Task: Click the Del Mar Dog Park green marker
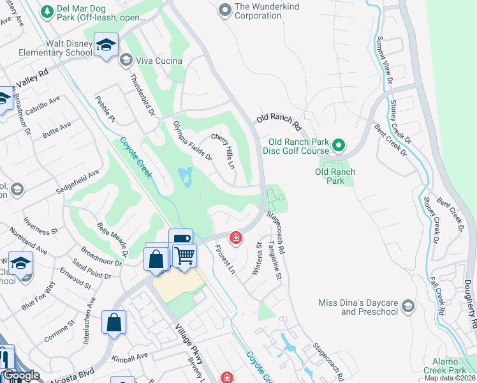[x=47, y=11]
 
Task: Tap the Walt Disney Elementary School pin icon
[x=106, y=45]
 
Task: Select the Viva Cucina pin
[x=125, y=61]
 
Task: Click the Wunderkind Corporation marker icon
[x=224, y=10]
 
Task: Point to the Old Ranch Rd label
[x=278, y=119]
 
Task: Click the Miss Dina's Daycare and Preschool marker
[x=409, y=307]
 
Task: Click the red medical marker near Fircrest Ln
[x=236, y=238]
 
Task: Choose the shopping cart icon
[x=184, y=255]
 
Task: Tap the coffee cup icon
[x=181, y=239]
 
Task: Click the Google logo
[x=20, y=376]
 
